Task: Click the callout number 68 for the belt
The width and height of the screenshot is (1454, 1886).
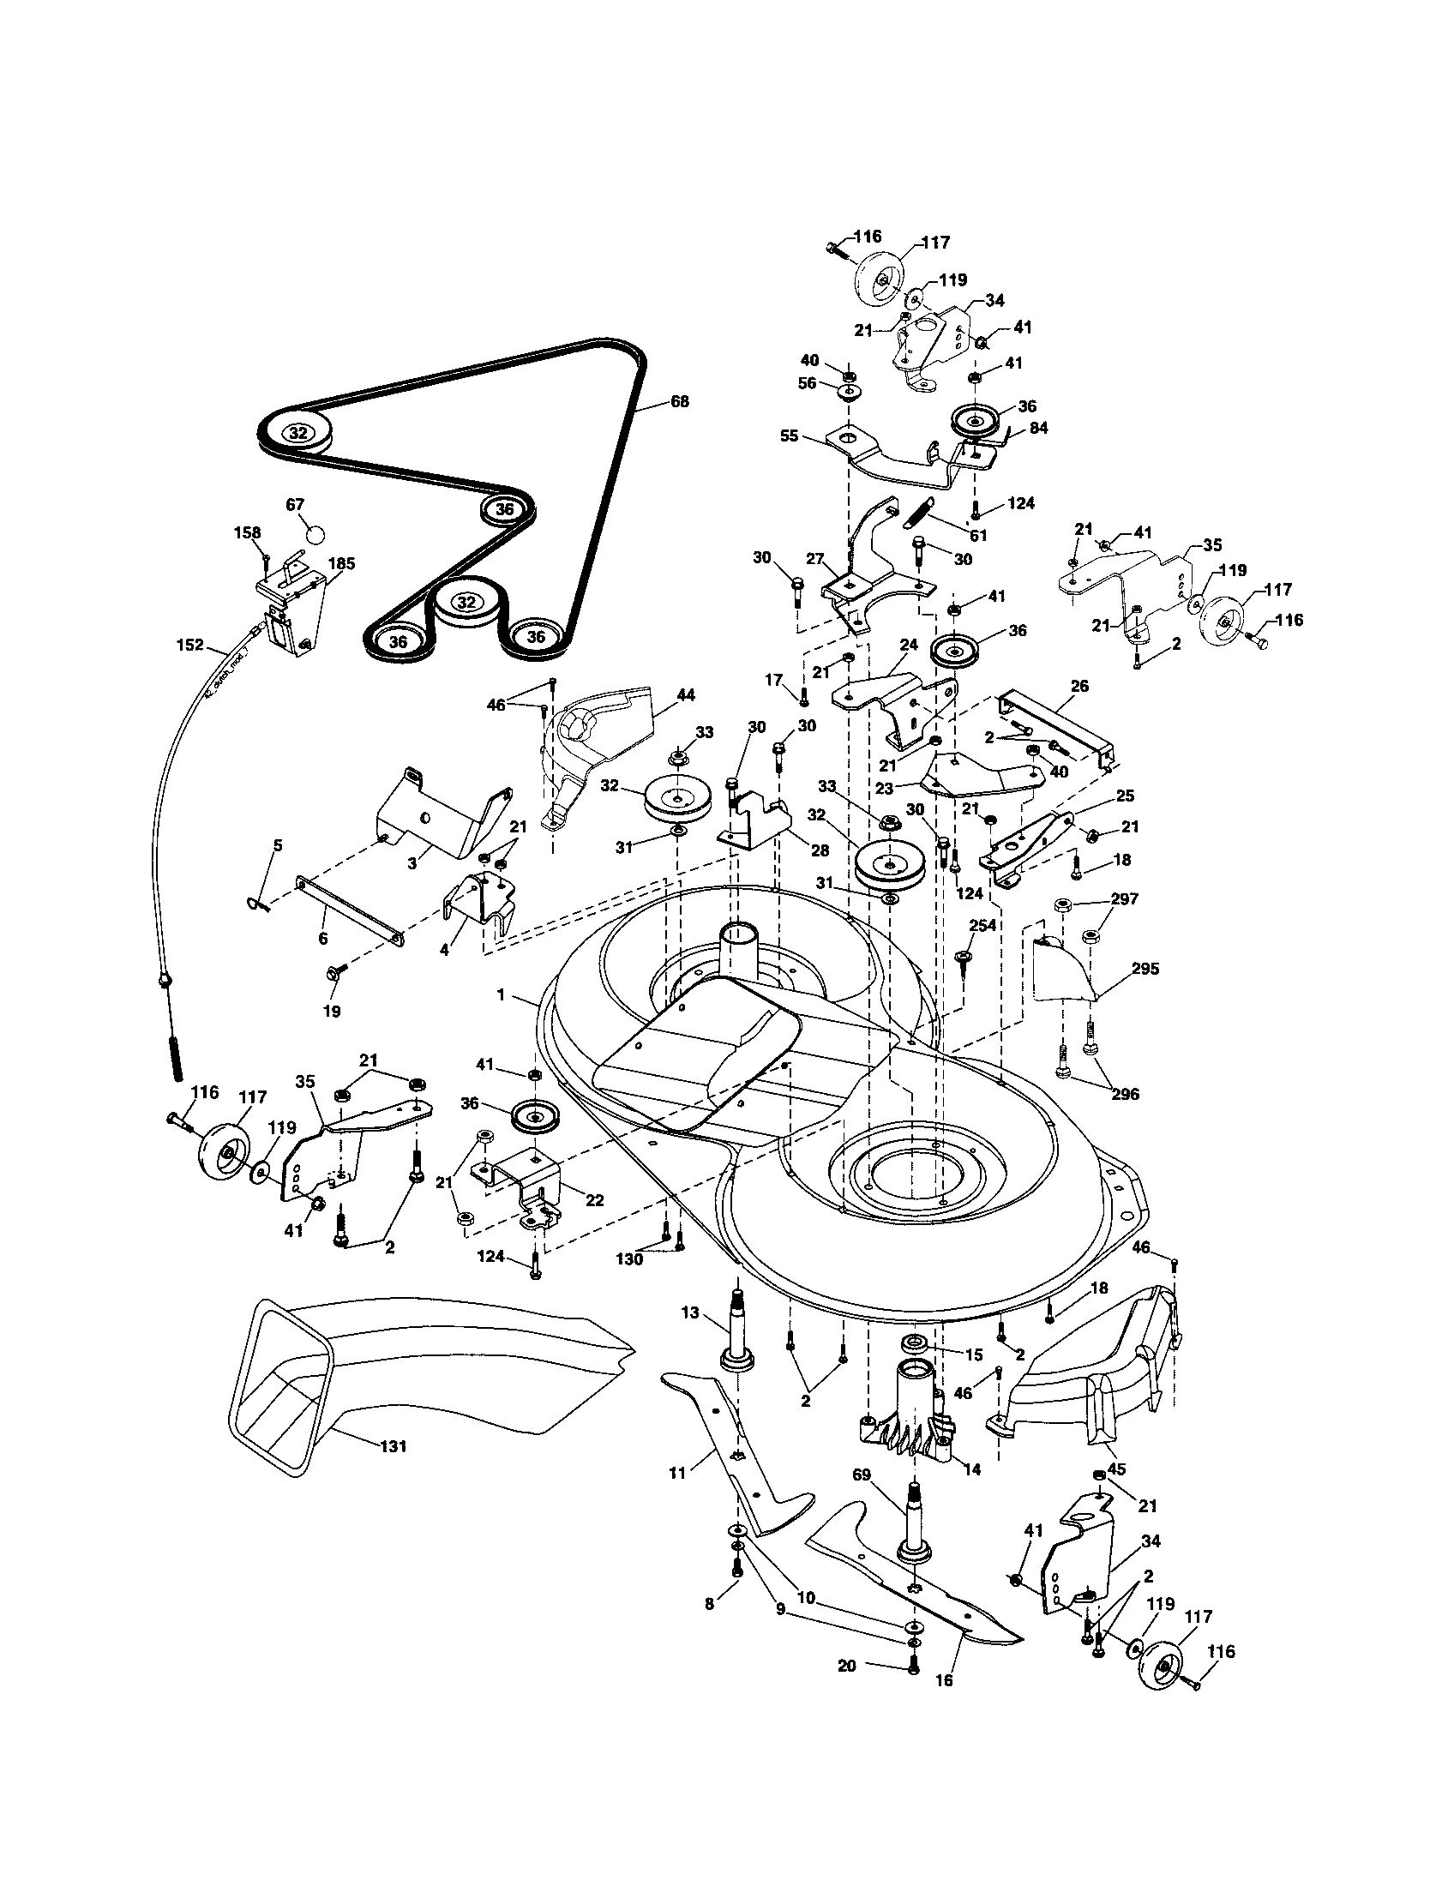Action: coord(680,401)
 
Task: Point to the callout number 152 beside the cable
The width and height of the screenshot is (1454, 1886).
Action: coord(190,645)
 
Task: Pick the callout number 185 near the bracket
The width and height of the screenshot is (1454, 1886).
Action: coord(342,563)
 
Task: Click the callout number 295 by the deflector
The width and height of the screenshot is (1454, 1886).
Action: coord(1145,969)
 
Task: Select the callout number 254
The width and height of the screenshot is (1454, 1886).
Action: coord(982,925)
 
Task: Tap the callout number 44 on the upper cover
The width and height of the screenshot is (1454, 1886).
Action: coord(687,694)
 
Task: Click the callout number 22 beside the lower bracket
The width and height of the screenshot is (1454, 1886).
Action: coord(594,1200)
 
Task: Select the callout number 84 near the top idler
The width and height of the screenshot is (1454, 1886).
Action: coord(1038,428)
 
